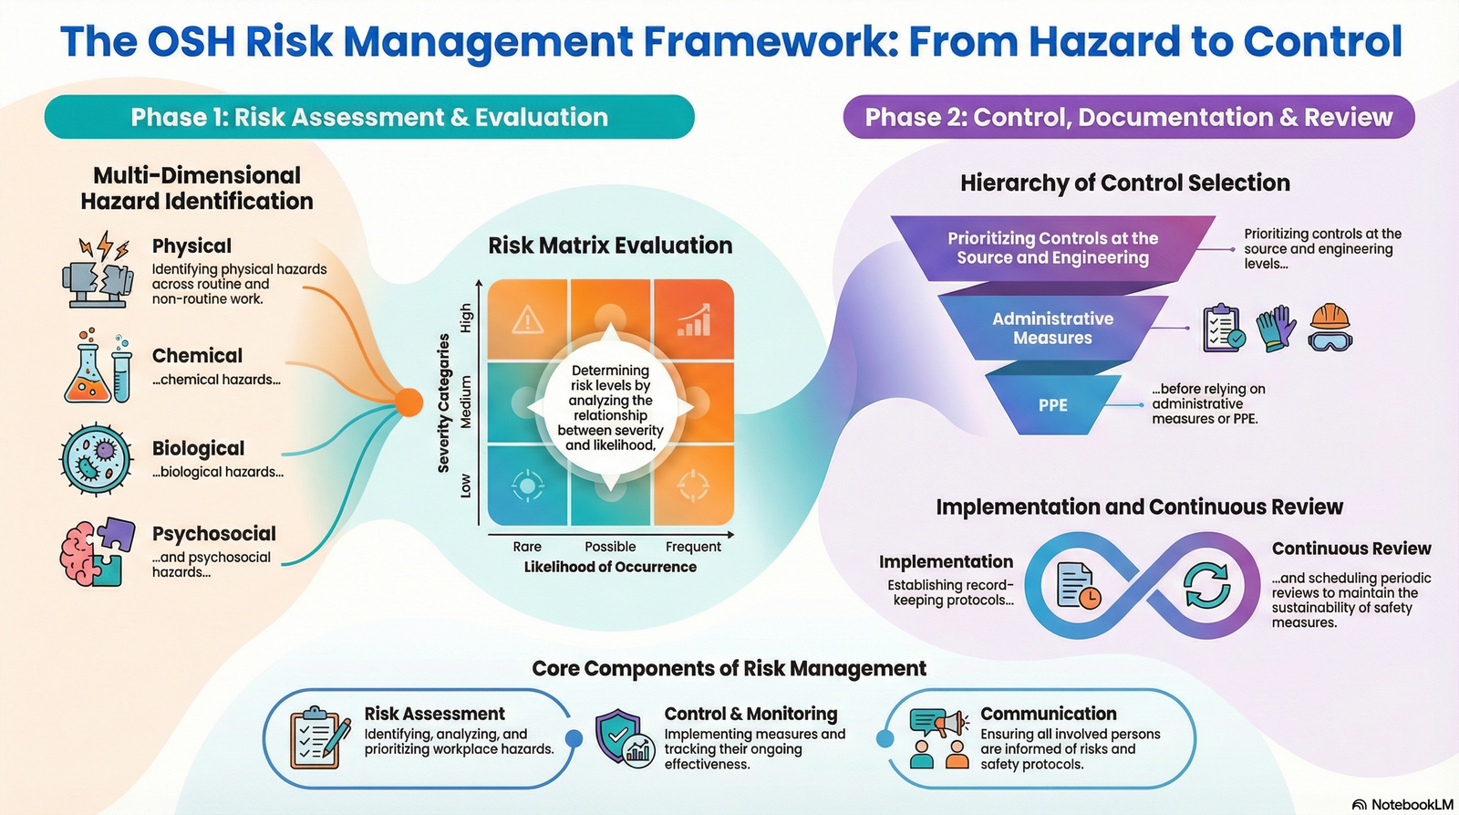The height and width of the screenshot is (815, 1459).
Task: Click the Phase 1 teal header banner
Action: tap(369, 117)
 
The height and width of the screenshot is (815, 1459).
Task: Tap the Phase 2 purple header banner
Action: tap(1128, 118)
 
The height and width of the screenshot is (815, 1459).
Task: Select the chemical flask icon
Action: tap(88, 368)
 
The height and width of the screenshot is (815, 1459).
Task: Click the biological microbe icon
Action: tap(95, 459)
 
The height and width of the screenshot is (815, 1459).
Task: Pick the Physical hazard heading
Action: tap(191, 246)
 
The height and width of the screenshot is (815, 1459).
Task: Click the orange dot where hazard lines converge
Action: tap(409, 402)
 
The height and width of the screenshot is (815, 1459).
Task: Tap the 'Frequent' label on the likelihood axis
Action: tap(693, 547)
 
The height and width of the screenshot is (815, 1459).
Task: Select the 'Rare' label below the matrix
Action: tap(527, 547)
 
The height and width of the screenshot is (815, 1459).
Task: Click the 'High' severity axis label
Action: tap(466, 319)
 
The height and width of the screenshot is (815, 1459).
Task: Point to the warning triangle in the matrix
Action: tap(528, 320)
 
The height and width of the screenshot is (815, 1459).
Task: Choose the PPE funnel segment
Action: tap(1052, 405)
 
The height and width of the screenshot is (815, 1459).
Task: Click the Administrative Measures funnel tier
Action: tap(1052, 328)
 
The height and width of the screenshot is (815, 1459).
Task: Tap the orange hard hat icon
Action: tap(1330, 327)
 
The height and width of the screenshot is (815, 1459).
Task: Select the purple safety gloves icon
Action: tap(1277, 328)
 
